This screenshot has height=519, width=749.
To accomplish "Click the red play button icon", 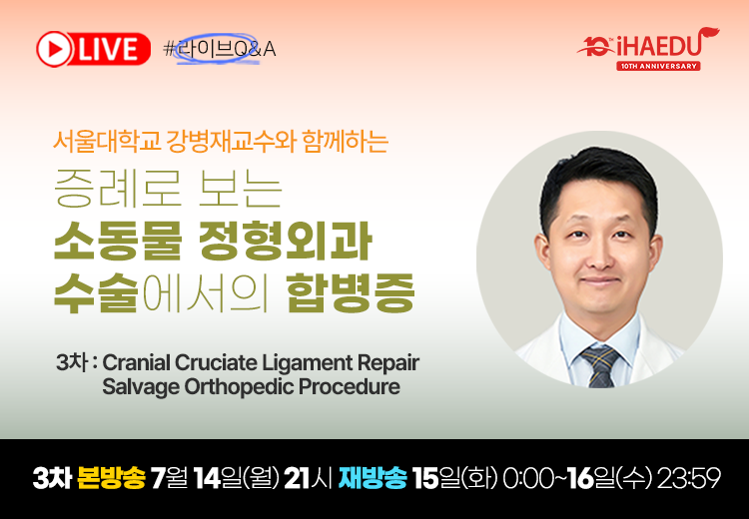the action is coord(55,49).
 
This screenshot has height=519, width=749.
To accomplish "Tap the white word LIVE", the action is coord(109,50).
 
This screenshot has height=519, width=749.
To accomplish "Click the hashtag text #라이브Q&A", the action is coord(220,49).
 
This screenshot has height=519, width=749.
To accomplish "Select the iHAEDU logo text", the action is coord(661,45).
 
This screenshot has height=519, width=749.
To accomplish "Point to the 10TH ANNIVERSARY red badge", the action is coord(658,66).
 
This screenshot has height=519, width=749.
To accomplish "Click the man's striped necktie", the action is coord(600,365).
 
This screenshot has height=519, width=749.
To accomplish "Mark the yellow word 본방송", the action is coord(110,477).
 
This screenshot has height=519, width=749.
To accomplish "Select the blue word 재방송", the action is coord(373,477).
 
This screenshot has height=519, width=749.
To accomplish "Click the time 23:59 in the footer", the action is coord(688,477).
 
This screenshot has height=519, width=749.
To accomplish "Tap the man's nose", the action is coord(600,256).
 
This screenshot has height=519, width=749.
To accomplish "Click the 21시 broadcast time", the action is coord(309,477).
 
